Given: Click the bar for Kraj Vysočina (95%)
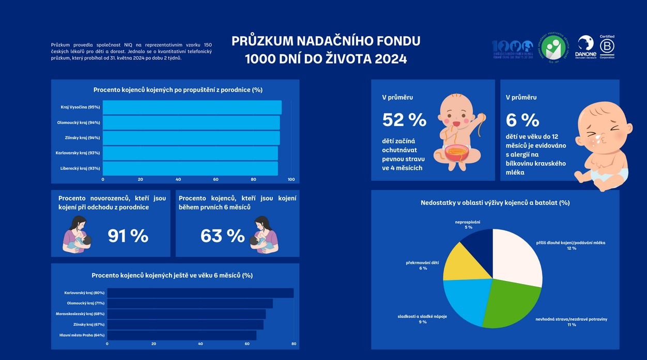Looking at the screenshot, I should click(192, 107).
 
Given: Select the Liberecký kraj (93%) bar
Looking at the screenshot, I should click(190, 168).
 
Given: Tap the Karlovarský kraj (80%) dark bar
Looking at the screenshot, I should click(200, 293).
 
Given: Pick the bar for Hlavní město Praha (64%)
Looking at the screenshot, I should click(181, 335).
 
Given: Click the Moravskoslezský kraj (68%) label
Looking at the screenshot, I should click(80, 314).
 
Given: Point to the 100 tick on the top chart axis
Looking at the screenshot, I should click(291, 180).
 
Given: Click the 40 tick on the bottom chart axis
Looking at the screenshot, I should click(201, 343).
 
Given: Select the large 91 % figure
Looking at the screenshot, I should click(128, 236).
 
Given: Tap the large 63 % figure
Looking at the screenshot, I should click(222, 236).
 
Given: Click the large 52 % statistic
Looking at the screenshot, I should click(404, 120).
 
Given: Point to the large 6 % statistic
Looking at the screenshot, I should click(522, 120).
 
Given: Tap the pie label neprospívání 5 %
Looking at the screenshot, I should click(468, 224).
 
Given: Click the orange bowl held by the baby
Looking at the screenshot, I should click(457, 153).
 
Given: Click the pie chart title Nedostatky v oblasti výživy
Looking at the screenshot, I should click(495, 202).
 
